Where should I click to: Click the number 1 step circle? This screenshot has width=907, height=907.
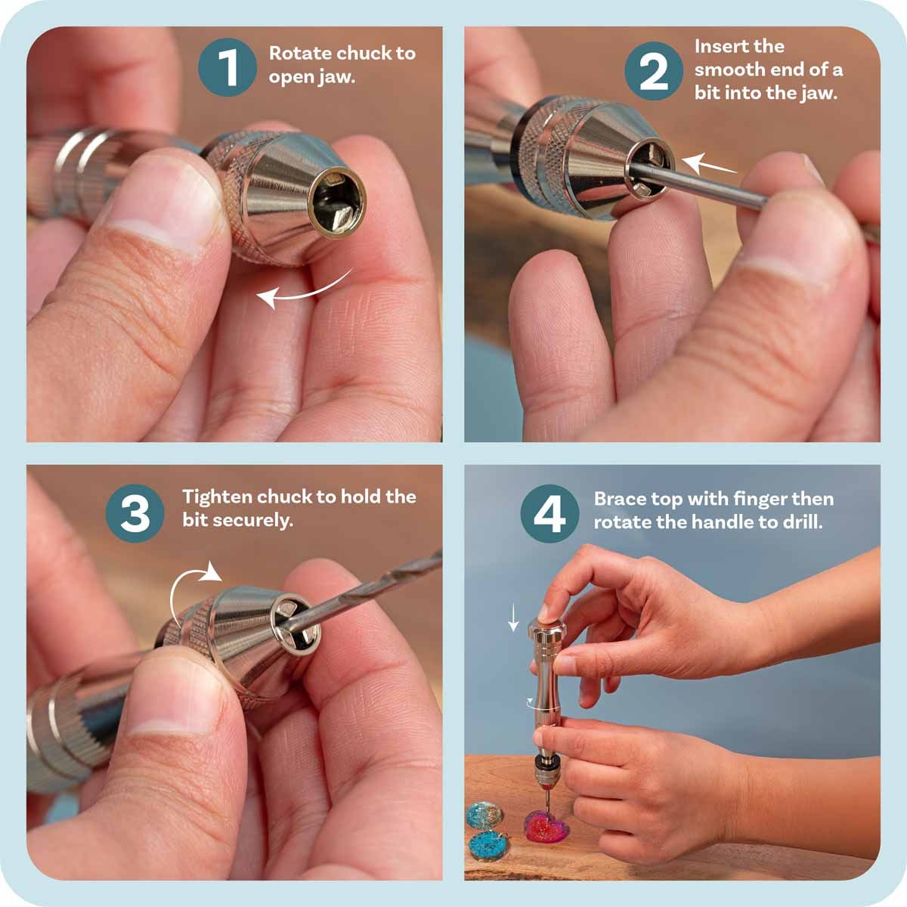[228, 67]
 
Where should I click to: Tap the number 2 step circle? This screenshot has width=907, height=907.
[654, 71]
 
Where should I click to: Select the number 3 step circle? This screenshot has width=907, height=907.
[135, 513]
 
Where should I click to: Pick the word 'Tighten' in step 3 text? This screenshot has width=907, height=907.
[217, 497]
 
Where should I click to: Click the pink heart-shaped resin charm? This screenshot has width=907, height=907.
[546, 827]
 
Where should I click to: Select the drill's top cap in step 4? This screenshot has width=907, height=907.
[546, 627]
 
